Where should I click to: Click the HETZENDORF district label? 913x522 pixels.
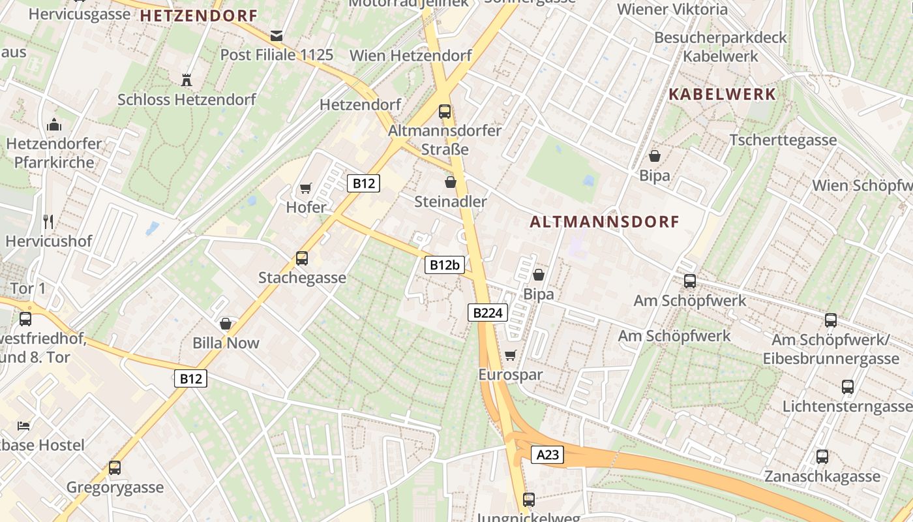pos(199,16)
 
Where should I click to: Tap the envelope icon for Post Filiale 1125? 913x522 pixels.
pos(277,35)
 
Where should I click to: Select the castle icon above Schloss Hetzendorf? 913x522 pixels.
pos(187,80)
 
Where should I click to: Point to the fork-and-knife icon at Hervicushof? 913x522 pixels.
pos(48,221)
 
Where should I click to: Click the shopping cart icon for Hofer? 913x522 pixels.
pos(305,189)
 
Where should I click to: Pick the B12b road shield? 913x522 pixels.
pos(446,264)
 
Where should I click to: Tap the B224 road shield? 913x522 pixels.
pos(487,313)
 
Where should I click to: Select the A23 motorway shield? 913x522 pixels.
pos(547,455)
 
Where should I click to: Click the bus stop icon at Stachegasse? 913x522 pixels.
pos(302,258)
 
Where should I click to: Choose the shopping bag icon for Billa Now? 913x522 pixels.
pos(226,324)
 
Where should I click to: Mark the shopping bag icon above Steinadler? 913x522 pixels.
pos(450,182)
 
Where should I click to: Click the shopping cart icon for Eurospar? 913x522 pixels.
pos(510,356)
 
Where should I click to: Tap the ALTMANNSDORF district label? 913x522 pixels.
pos(605,222)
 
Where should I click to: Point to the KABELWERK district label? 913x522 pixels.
pos(723,94)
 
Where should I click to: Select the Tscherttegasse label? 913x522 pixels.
pos(783,140)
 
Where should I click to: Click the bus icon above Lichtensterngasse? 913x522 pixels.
pos(848,387)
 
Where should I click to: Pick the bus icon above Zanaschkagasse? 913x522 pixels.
pos(822,457)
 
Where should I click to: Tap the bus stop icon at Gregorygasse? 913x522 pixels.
pos(115,468)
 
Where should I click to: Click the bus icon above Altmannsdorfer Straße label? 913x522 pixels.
pos(445,112)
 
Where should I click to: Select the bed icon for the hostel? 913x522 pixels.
pos(23,425)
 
